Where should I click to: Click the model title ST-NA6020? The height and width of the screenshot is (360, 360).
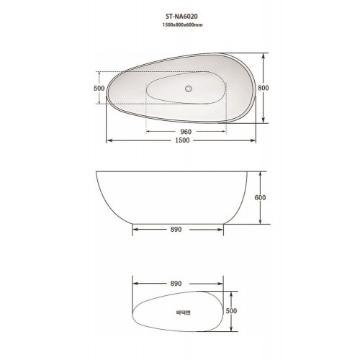tap(181, 17)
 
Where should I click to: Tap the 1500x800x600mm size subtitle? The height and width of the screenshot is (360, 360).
tap(182, 24)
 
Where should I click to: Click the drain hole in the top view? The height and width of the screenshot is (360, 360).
tap(189, 89)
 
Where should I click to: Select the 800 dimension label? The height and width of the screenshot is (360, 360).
tap(263, 88)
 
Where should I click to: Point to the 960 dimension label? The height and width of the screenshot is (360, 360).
tap(186, 132)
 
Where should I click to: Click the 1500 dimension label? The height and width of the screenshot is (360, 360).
tap(182, 140)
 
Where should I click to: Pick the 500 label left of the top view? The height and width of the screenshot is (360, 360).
tap(99, 89)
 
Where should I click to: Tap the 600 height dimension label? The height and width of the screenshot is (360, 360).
tap(260, 197)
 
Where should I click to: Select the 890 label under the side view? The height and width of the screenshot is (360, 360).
tap(176, 230)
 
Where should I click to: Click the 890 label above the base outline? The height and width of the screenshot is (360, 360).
tap(176, 284)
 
